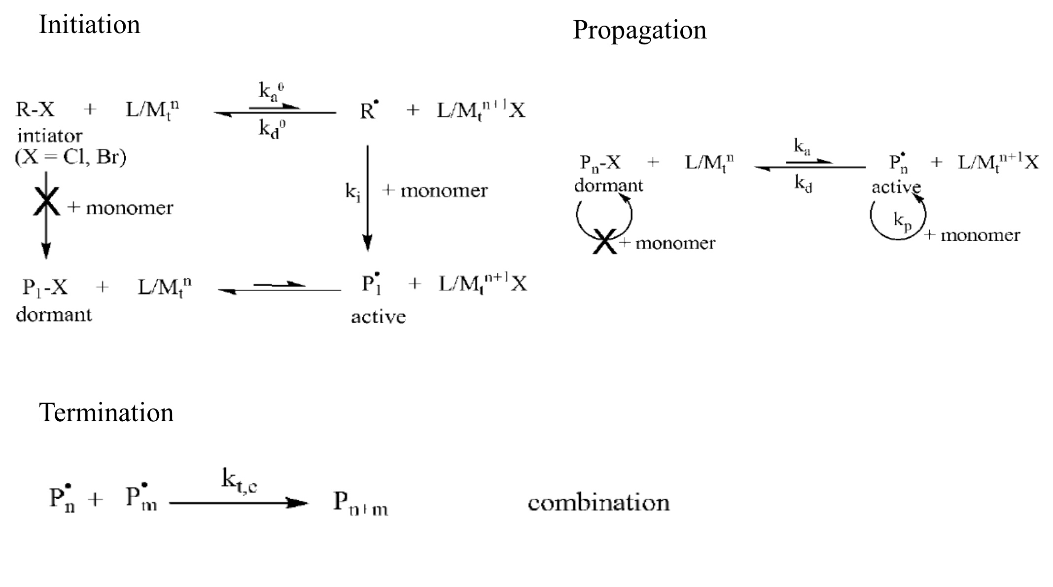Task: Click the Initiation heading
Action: [x=89, y=25]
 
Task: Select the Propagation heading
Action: [x=639, y=30]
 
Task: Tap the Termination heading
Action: [x=106, y=412]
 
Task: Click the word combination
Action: [x=598, y=503]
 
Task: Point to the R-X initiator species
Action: [x=35, y=110]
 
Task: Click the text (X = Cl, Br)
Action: [x=70, y=157]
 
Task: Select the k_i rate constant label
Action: [x=352, y=191]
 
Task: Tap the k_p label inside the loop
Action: [x=902, y=221]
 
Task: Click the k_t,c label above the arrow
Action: [x=239, y=479]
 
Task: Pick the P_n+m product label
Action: [x=360, y=503]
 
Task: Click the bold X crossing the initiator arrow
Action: [x=46, y=201]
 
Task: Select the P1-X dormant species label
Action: [x=45, y=287]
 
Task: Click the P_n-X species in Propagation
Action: [x=600, y=163]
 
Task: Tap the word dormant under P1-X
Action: [x=54, y=315]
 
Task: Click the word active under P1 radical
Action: [x=378, y=317]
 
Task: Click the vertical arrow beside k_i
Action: [x=367, y=197]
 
